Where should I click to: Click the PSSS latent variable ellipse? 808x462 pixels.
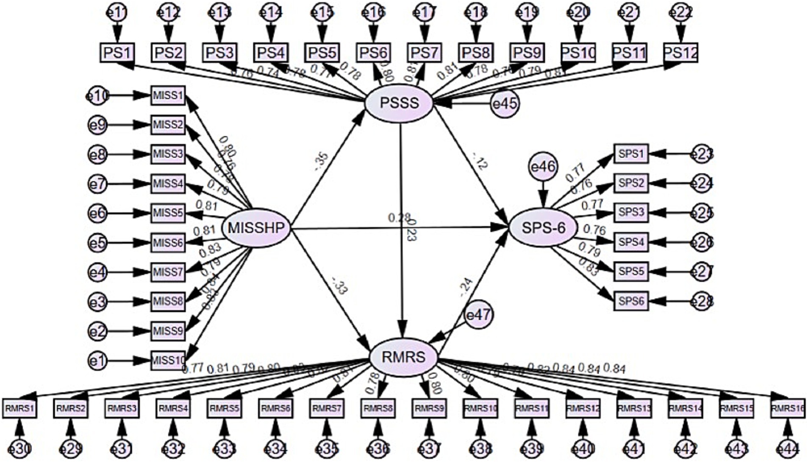pyautogui.click(x=399, y=103)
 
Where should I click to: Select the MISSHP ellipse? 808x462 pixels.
pyautogui.click(x=256, y=228)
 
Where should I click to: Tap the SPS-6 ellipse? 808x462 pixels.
pyautogui.click(x=543, y=228)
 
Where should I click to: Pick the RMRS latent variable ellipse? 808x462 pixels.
pyautogui.click(x=403, y=357)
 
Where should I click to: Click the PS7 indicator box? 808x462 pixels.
pyautogui.click(x=425, y=53)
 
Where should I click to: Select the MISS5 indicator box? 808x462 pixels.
pyautogui.click(x=168, y=213)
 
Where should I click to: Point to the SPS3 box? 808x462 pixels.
pyautogui.click(x=631, y=212)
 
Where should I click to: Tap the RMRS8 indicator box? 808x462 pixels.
pyautogui.click(x=378, y=409)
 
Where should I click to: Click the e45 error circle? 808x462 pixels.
pyautogui.click(x=505, y=104)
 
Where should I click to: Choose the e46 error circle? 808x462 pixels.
pyautogui.click(x=543, y=167)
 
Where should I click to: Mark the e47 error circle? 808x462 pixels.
pyautogui.click(x=479, y=315)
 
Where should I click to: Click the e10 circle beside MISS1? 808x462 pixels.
pyautogui.click(x=97, y=96)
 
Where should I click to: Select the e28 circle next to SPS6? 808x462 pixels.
pyautogui.click(x=702, y=301)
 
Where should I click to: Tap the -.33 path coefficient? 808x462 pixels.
pyautogui.click(x=340, y=286)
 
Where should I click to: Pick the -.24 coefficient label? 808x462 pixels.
pyautogui.click(x=465, y=287)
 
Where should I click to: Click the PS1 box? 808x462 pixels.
pyautogui.click(x=117, y=53)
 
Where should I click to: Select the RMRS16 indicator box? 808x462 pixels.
pyautogui.click(x=787, y=409)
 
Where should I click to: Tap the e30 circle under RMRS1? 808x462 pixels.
pyautogui.click(x=19, y=448)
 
